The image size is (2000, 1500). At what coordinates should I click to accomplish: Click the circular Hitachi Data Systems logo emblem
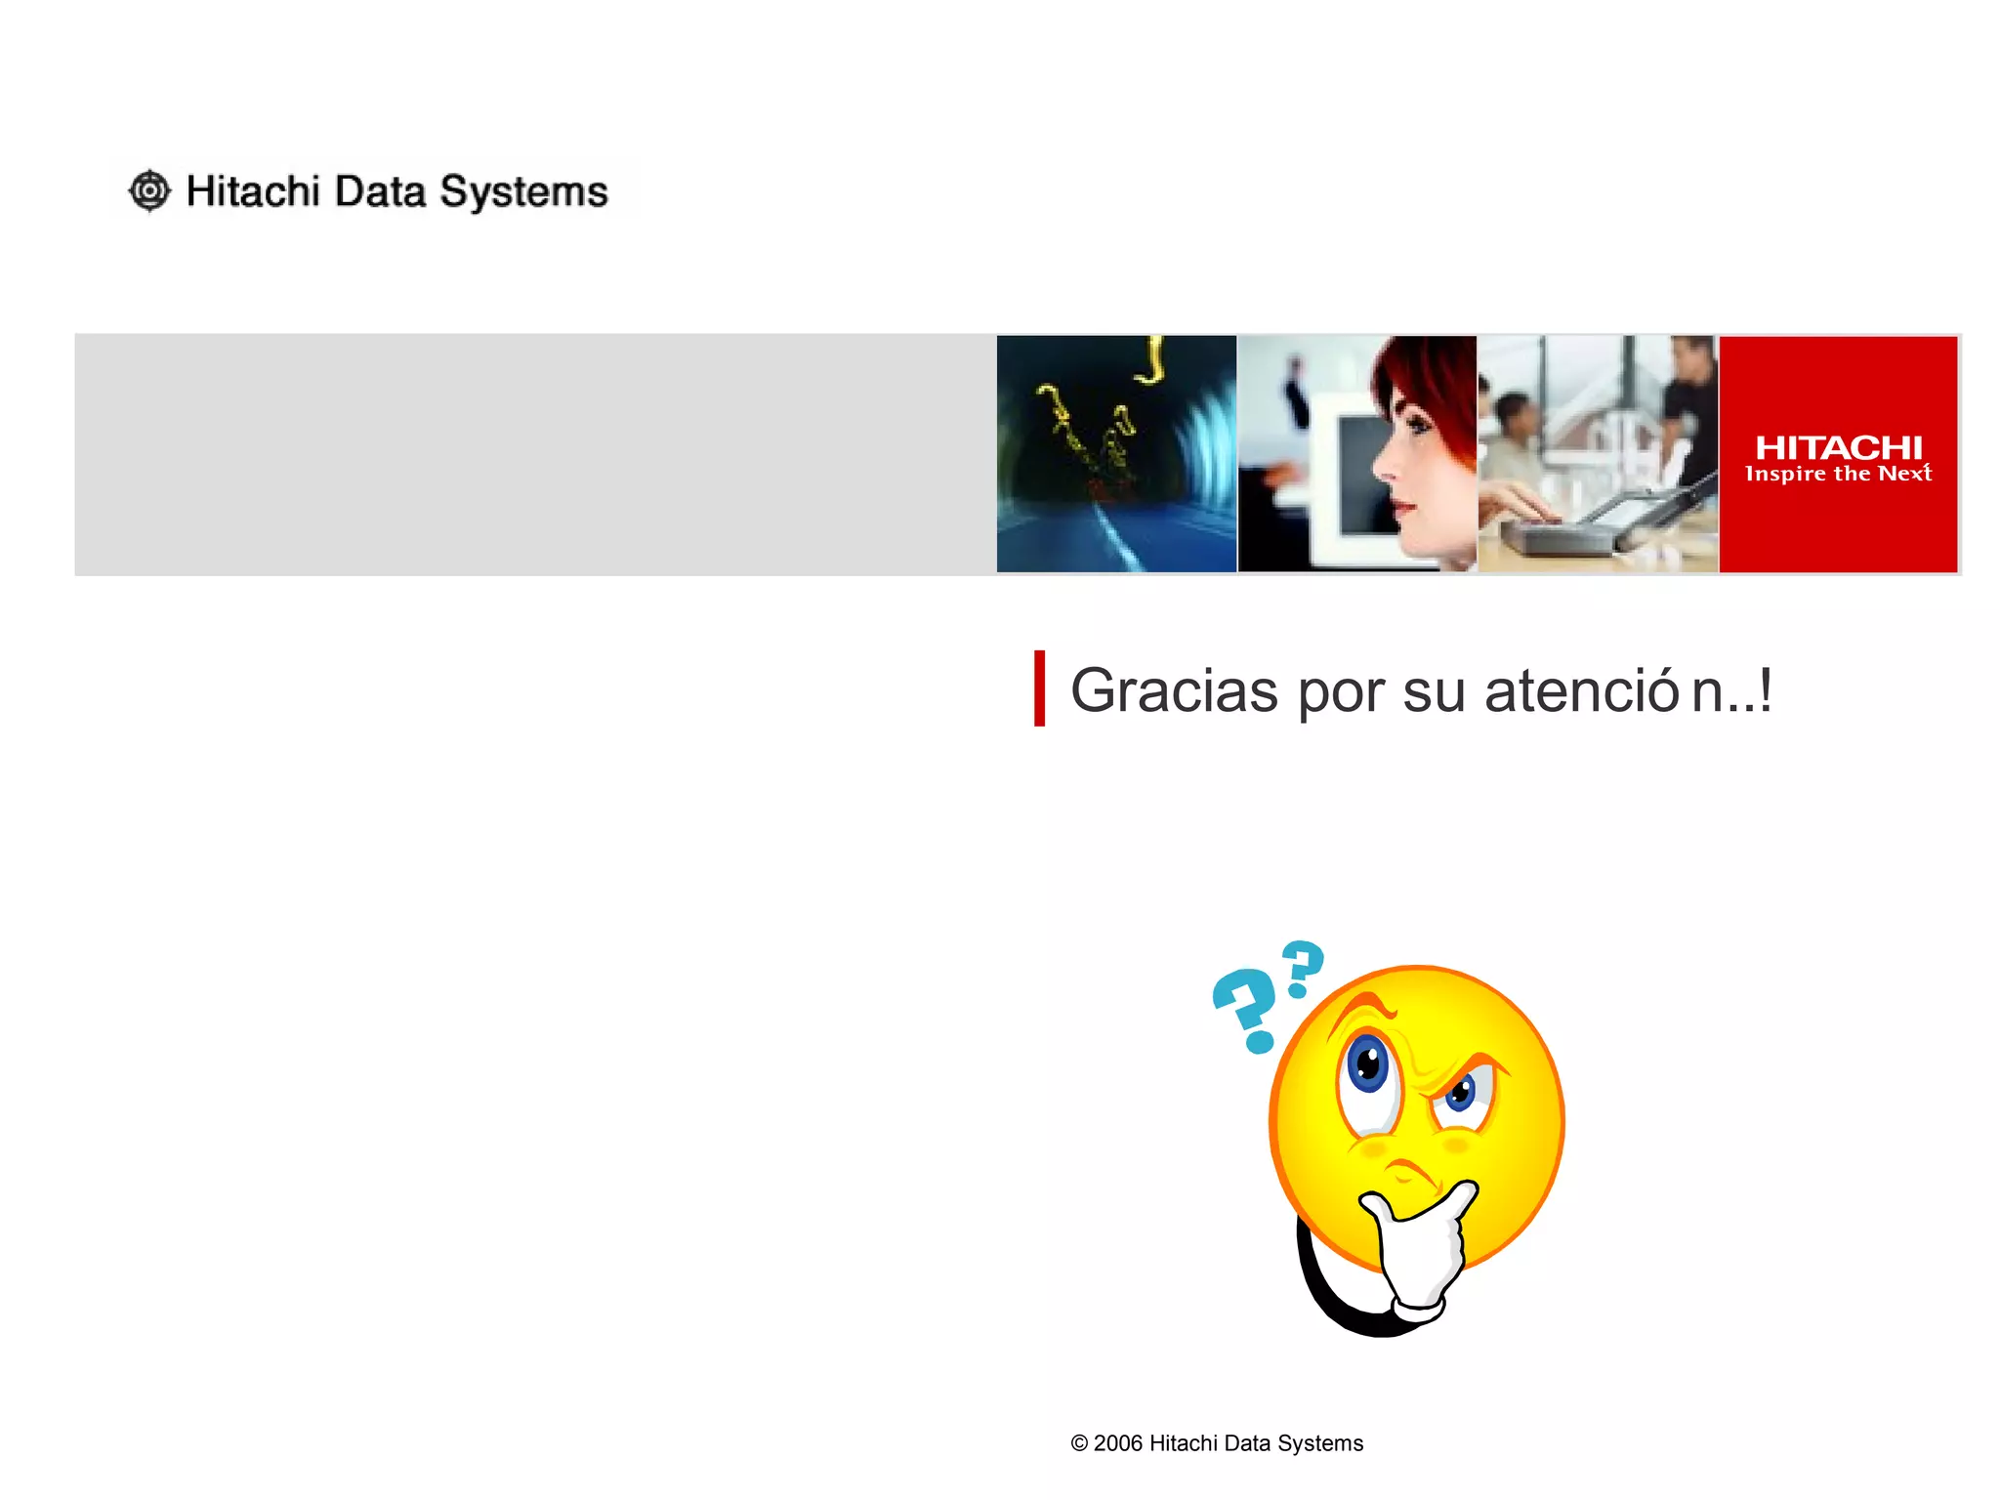click(149, 190)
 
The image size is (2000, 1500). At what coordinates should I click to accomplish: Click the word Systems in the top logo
click(523, 192)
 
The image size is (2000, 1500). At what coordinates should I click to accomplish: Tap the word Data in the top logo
click(380, 191)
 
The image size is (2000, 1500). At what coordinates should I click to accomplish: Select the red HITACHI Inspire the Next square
click(1838, 454)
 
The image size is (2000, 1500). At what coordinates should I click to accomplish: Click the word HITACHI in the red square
click(1838, 447)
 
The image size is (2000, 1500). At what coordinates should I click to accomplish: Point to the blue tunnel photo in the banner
click(1116, 454)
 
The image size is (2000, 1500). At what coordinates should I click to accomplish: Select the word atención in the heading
click(1603, 691)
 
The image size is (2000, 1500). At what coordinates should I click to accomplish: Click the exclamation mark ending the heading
click(1765, 691)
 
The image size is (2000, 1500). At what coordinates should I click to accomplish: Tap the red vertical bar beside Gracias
click(1040, 688)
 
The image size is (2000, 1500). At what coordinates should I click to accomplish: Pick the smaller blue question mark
click(1303, 968)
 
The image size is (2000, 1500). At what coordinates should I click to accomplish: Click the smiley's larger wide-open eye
click(1368, 1064)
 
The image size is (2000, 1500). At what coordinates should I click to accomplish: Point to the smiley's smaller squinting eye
click(1462, 1092)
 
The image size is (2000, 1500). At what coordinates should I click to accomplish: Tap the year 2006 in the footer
click(1117, 1443)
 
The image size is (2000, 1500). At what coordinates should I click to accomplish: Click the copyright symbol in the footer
click(1079, 1443)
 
